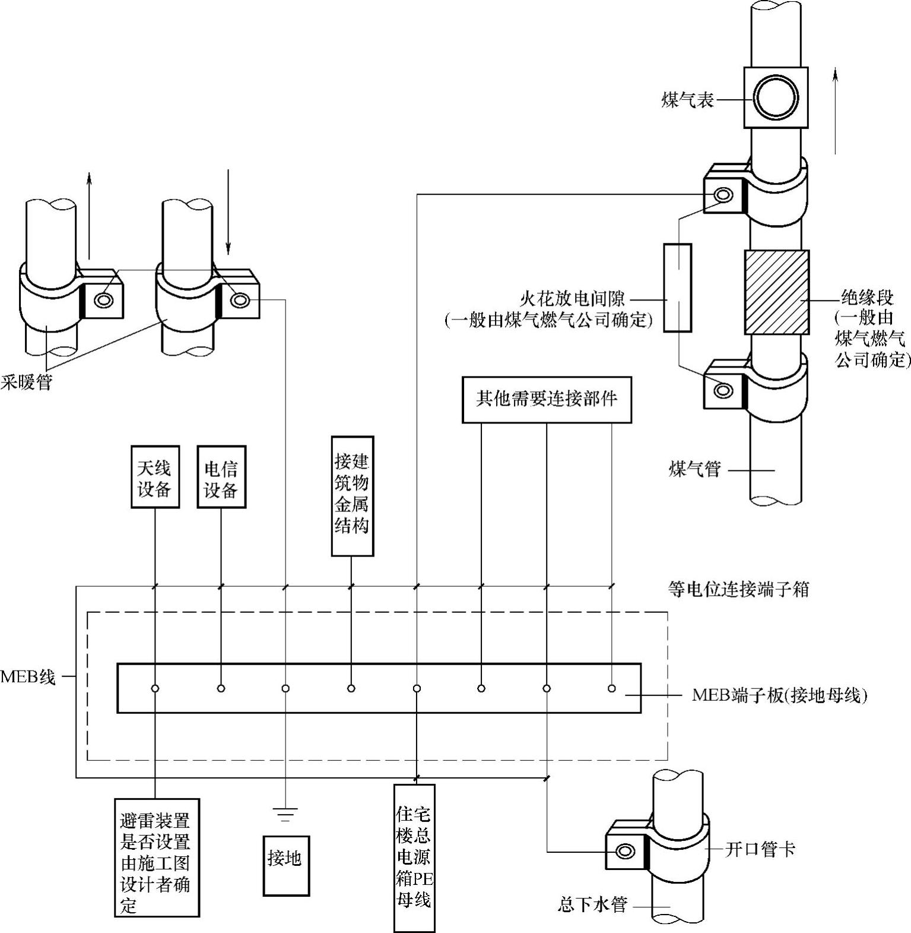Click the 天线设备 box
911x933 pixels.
(x=155, y=478)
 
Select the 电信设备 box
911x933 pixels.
(x=221, y=478)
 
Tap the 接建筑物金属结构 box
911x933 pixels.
(x=352, y=496)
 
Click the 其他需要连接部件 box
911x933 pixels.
(x=547, y=399)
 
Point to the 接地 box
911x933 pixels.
(x=286, y=865)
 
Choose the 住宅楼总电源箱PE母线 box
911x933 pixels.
(x=414, y=858)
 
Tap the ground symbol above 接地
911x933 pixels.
(x=285, y=814)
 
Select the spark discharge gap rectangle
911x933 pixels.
(x=677, y=287)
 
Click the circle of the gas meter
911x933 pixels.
(x=775, y=97)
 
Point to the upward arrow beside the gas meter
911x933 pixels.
(x=836, y=110)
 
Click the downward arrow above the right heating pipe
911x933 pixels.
(x=228, y=211)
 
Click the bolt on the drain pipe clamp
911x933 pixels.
(x=624, y=851)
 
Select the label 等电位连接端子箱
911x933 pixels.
(x=738, y=589)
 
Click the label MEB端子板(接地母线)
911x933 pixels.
(x=779, y=695)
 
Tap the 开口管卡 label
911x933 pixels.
(x=760, y=849)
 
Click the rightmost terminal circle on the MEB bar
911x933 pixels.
(x=611, y=688)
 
